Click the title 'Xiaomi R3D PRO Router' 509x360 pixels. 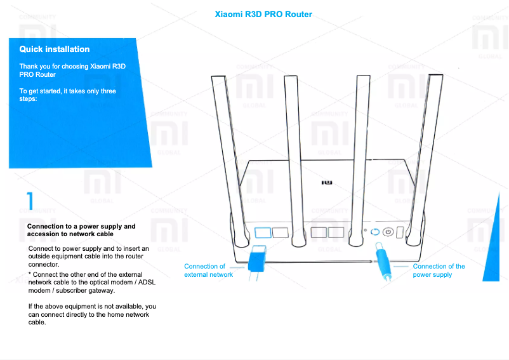(x=263, y=14)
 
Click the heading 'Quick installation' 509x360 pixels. (x=55, y=49)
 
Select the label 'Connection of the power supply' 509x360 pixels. (x=439, y=270)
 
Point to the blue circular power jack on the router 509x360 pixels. (x=375, y=232)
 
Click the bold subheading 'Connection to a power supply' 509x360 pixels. (x=81, y=226)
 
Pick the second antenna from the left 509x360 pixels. (x=293, y=159)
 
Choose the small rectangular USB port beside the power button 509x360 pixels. (x=399, y=233)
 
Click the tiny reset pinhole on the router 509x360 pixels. (x=365, y=232)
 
